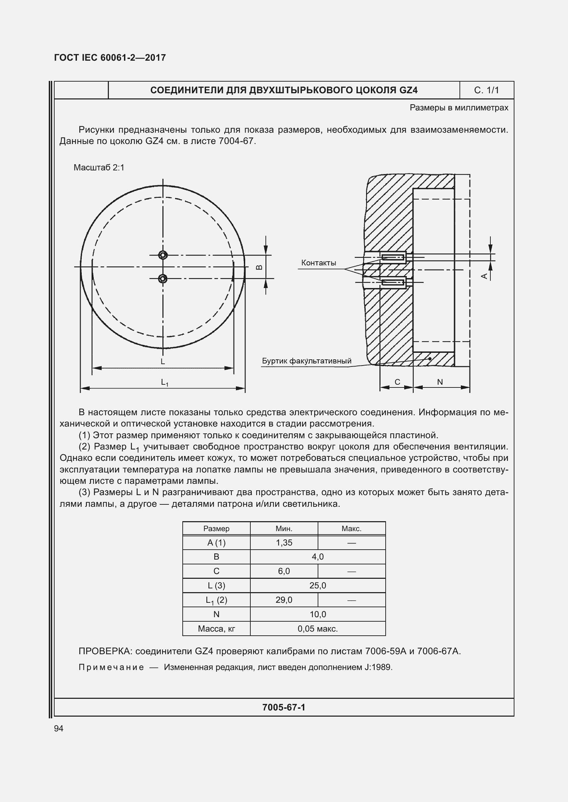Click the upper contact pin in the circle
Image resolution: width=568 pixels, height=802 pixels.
(x=163, y=255)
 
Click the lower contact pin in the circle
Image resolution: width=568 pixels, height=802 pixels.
(x=163, y=278)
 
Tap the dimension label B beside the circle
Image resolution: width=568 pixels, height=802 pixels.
(x=259, y=267)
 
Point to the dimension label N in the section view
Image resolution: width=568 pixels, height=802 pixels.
(x=440, y=382)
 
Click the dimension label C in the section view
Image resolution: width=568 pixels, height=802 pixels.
(x=397, y=382)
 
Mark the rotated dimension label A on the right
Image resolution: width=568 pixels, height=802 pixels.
(x=485, y=276)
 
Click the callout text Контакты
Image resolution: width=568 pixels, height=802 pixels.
(x=318, y=263)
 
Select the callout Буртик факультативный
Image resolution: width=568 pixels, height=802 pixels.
(x=306, y=361)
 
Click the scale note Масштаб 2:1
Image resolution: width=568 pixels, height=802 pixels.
(x=99, y=168)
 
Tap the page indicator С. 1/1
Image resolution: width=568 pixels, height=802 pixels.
(x=486, y=90)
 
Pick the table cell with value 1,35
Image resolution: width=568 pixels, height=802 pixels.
(x=284, y=542)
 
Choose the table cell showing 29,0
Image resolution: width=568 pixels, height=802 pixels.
(x=284, y=600)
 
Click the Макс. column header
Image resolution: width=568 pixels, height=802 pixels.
(x=351, y=528)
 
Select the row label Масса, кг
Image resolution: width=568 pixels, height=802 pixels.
(x=216, y=629)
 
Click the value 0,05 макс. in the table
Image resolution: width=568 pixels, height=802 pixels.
(x=318, y=629)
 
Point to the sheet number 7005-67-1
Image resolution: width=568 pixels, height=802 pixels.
(x=284, y=707)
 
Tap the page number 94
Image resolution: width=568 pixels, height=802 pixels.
(x=59, y=728)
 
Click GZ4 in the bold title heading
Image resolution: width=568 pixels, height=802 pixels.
(x=408, y=90)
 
